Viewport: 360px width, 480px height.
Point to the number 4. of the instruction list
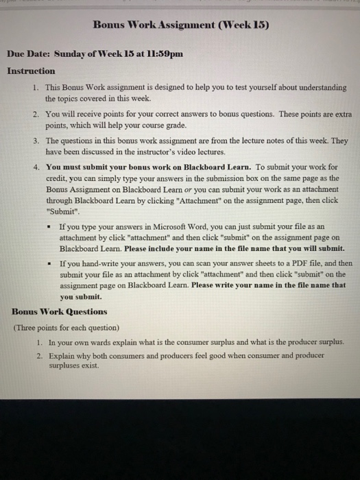(x=36, y=166)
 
